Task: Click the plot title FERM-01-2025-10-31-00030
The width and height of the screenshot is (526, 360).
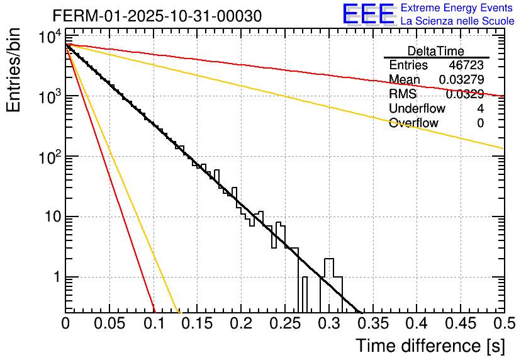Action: (157, 15)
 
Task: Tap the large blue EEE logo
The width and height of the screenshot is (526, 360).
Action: (368, 14)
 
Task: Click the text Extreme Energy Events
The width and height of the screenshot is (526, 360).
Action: (457, 8)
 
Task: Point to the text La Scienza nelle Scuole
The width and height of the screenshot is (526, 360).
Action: (457, 21)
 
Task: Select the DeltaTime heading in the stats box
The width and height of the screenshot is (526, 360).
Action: (436, 51)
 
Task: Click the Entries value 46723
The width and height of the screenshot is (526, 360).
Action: (466, 65)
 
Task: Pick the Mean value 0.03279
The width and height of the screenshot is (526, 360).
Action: (461, 80)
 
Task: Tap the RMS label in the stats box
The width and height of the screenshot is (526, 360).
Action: (402, 94)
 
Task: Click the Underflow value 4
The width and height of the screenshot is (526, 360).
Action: (480, 109)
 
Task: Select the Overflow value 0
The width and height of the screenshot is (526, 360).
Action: (480, 123)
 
